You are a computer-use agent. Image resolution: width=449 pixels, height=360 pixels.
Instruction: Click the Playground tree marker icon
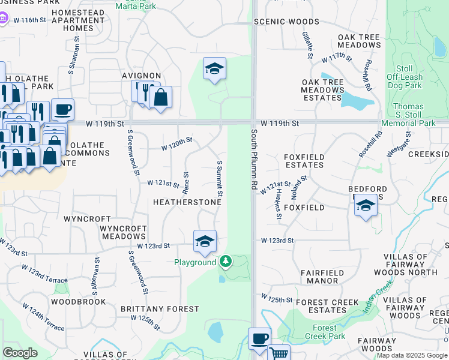(226, 261)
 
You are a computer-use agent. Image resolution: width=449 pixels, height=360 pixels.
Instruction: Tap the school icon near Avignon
(214, 69)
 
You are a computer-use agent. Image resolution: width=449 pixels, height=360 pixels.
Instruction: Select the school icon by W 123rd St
(205, 242)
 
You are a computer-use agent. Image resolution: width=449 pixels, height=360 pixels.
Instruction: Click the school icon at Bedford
(365, 205)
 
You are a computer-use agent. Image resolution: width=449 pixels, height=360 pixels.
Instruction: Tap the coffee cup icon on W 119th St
(62, 110)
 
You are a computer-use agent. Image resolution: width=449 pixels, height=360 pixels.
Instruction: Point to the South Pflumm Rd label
(255, 160)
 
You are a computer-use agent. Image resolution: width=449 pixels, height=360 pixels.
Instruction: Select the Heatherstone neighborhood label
(187, 203)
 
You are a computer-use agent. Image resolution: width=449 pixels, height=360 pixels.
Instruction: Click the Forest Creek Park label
(325, 332)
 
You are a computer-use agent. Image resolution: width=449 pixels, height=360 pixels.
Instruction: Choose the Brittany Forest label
(160, 309)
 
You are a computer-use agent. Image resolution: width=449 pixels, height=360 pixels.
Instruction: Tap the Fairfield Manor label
(322, 277)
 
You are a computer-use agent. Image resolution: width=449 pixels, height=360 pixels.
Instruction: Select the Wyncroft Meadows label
(123, 233)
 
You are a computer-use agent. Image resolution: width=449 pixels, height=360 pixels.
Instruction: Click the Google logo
(20, 353)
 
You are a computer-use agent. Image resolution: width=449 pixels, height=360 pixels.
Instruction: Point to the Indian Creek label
(377, 299)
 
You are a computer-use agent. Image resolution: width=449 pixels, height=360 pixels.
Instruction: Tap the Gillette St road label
(308, 45)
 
